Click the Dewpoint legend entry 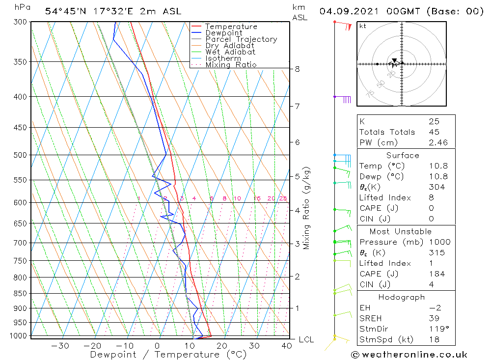click(224, 33)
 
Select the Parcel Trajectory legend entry click(241, 39)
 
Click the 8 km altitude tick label click(297, 69)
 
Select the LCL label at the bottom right click(306, 339)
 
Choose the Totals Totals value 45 click(434, 132)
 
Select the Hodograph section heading click(406, 297)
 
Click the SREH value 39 click(434, 318)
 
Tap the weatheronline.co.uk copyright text click(409, 355)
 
